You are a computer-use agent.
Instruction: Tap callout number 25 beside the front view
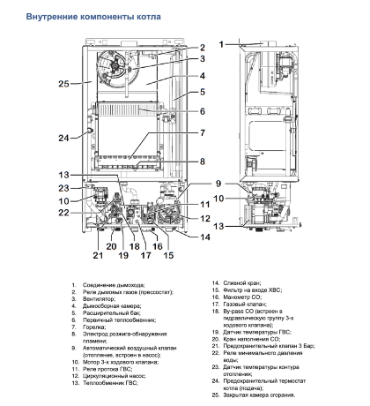pos(63,84)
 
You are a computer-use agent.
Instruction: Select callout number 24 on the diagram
pos(63,137)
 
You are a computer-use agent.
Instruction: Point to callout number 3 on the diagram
pos(201,59)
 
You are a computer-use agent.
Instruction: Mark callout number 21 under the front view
pos(98,256)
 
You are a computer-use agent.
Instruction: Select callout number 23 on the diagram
pos(63,188)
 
